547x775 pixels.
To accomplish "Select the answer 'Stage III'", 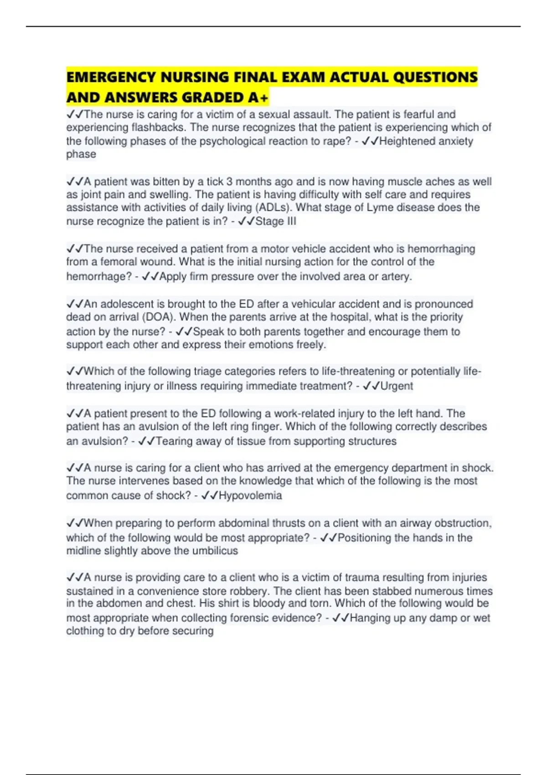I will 276,222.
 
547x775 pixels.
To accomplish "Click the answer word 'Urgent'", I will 397,386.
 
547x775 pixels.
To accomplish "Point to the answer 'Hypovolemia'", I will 250,496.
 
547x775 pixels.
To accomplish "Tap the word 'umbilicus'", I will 215,551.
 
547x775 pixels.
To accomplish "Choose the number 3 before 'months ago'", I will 229,181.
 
